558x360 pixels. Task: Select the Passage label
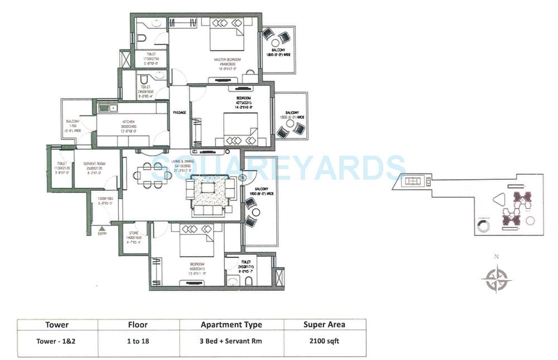[x=179, y=112]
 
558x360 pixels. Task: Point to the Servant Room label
[x=94, y=164]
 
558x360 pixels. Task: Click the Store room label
[x=133, y=233]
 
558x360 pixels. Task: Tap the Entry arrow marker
[x=102, y=228]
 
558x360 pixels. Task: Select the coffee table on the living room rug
[x=208, y=188]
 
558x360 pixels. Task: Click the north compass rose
[x=496, y=279]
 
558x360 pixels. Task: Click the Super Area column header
[x=324, y=324]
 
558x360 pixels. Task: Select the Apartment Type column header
[x=232, y=324]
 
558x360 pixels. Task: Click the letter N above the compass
[x=496, y=257]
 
